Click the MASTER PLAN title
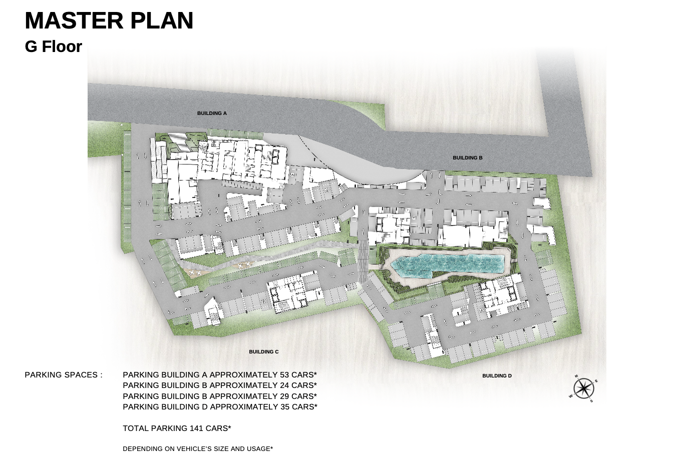point(109,20)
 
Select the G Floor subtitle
point(54,46)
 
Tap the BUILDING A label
point(212,113)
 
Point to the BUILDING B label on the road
point(468,158)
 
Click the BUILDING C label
point(264,351)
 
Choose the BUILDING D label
point(497,375)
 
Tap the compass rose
point(584,388)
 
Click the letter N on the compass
point(576,376)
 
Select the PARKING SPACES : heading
point(64,375)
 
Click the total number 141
point(196,428)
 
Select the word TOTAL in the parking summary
point(136,428)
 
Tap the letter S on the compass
point(591,401)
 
